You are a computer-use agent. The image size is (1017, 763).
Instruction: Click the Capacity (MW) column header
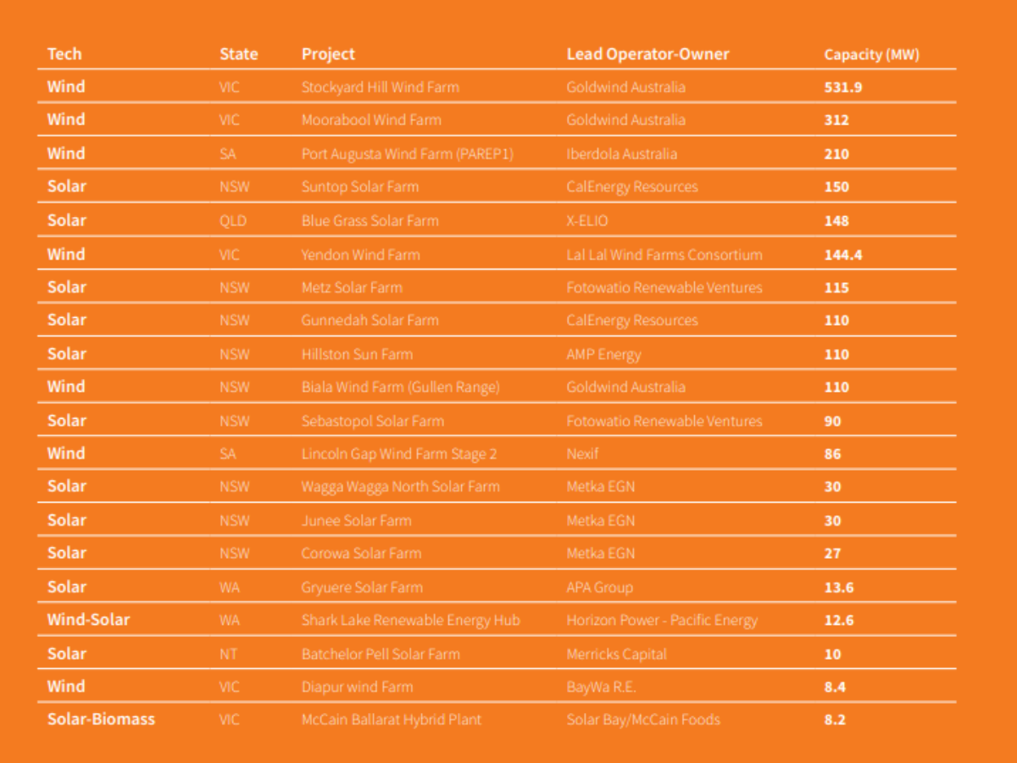(871, 55)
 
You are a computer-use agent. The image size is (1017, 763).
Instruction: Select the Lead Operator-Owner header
(647, 54)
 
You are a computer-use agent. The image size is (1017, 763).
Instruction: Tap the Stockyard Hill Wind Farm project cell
(381, 87)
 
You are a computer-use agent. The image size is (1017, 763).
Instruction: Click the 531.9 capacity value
(843, 87)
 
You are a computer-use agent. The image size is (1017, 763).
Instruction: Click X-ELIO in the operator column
(587, 220)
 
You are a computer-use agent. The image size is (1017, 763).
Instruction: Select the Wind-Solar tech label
(89, 620)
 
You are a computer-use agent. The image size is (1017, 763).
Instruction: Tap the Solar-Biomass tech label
(102, 720)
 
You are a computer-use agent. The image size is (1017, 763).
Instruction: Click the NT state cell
(229, 654)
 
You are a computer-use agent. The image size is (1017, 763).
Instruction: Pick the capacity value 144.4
(843, 254)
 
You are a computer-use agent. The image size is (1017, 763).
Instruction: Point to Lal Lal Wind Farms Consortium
(664, 254)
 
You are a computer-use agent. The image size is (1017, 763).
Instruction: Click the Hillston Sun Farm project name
(357, 354)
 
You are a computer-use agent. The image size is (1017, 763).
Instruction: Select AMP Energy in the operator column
(603, 354)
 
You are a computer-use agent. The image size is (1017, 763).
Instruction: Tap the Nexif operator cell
(582, 454)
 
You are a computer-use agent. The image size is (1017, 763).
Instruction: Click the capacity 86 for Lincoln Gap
(833, 454)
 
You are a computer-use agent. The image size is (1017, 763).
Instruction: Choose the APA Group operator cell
(599, 587)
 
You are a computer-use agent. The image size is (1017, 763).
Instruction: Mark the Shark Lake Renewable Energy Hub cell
(411, 620)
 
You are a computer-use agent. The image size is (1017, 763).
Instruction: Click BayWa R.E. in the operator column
(601, 687)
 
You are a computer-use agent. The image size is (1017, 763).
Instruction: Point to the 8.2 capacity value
(835, 720)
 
